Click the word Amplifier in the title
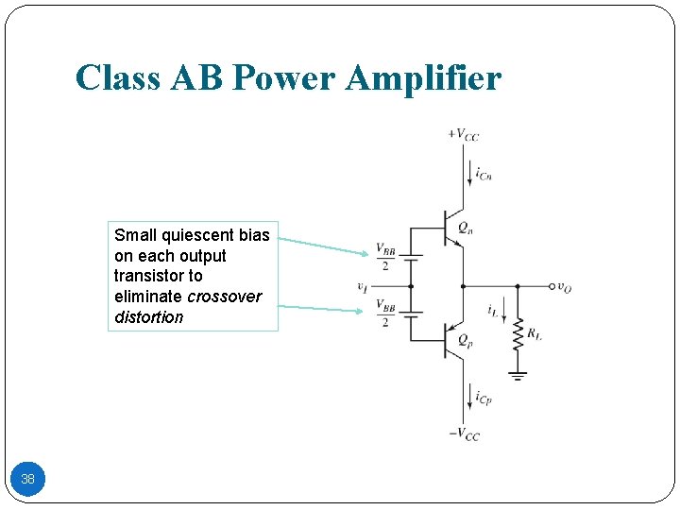[424, 77]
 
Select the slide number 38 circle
[28, 479]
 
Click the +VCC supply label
[463, 134]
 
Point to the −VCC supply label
[463, 434]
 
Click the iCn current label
[484, 174]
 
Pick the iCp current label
[484, 398]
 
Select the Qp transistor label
[465, 342]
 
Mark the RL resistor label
[535, 333]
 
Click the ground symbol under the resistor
[518, 375]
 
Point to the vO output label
[564, 287]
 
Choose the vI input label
[363, 287]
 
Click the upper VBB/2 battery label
[385, 256]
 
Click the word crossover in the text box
[225, 297]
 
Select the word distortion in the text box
[149, 317]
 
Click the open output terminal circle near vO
[551, 286]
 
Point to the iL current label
[493, 310]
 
